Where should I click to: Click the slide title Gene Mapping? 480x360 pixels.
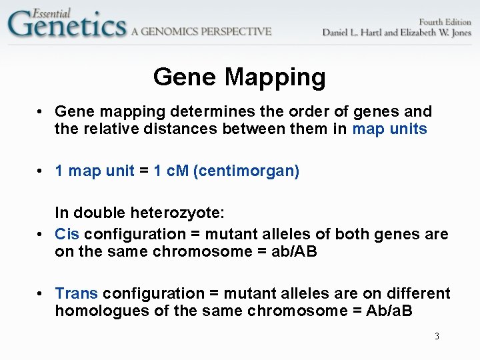tap(239, 77)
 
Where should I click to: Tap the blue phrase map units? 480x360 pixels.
tap(389, 129)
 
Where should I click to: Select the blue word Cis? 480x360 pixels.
tap(67, 234)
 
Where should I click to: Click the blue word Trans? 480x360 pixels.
tap(76, 293)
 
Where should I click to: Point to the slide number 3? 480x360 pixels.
tap(437, 336)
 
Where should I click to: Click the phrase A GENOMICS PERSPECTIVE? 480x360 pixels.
tap(201, 31)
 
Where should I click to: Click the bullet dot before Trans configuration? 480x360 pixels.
tap(41, 294)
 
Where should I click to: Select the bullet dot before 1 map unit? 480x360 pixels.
tap(41, 171)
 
